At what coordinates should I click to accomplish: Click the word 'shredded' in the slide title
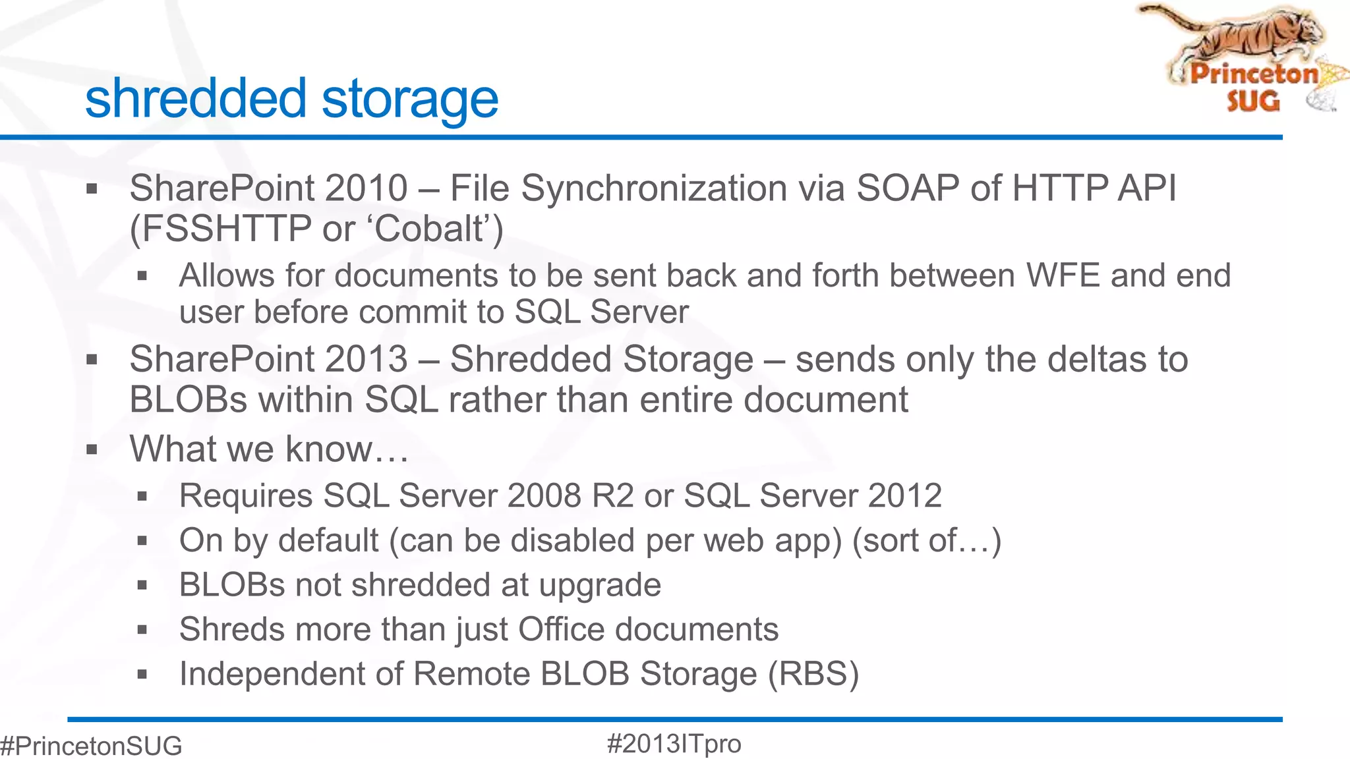coord(196,99)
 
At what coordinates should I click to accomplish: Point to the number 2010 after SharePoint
coord(366,188)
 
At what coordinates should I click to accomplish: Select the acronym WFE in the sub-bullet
coord(1063,275)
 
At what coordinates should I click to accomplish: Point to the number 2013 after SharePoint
coord(366,360)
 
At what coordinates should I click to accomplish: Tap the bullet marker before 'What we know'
coord(92,450)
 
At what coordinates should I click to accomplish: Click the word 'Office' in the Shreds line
coord(561,629)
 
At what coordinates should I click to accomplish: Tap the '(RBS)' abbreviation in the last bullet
coord(813,674)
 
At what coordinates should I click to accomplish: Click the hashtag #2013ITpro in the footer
coord(674,744)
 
